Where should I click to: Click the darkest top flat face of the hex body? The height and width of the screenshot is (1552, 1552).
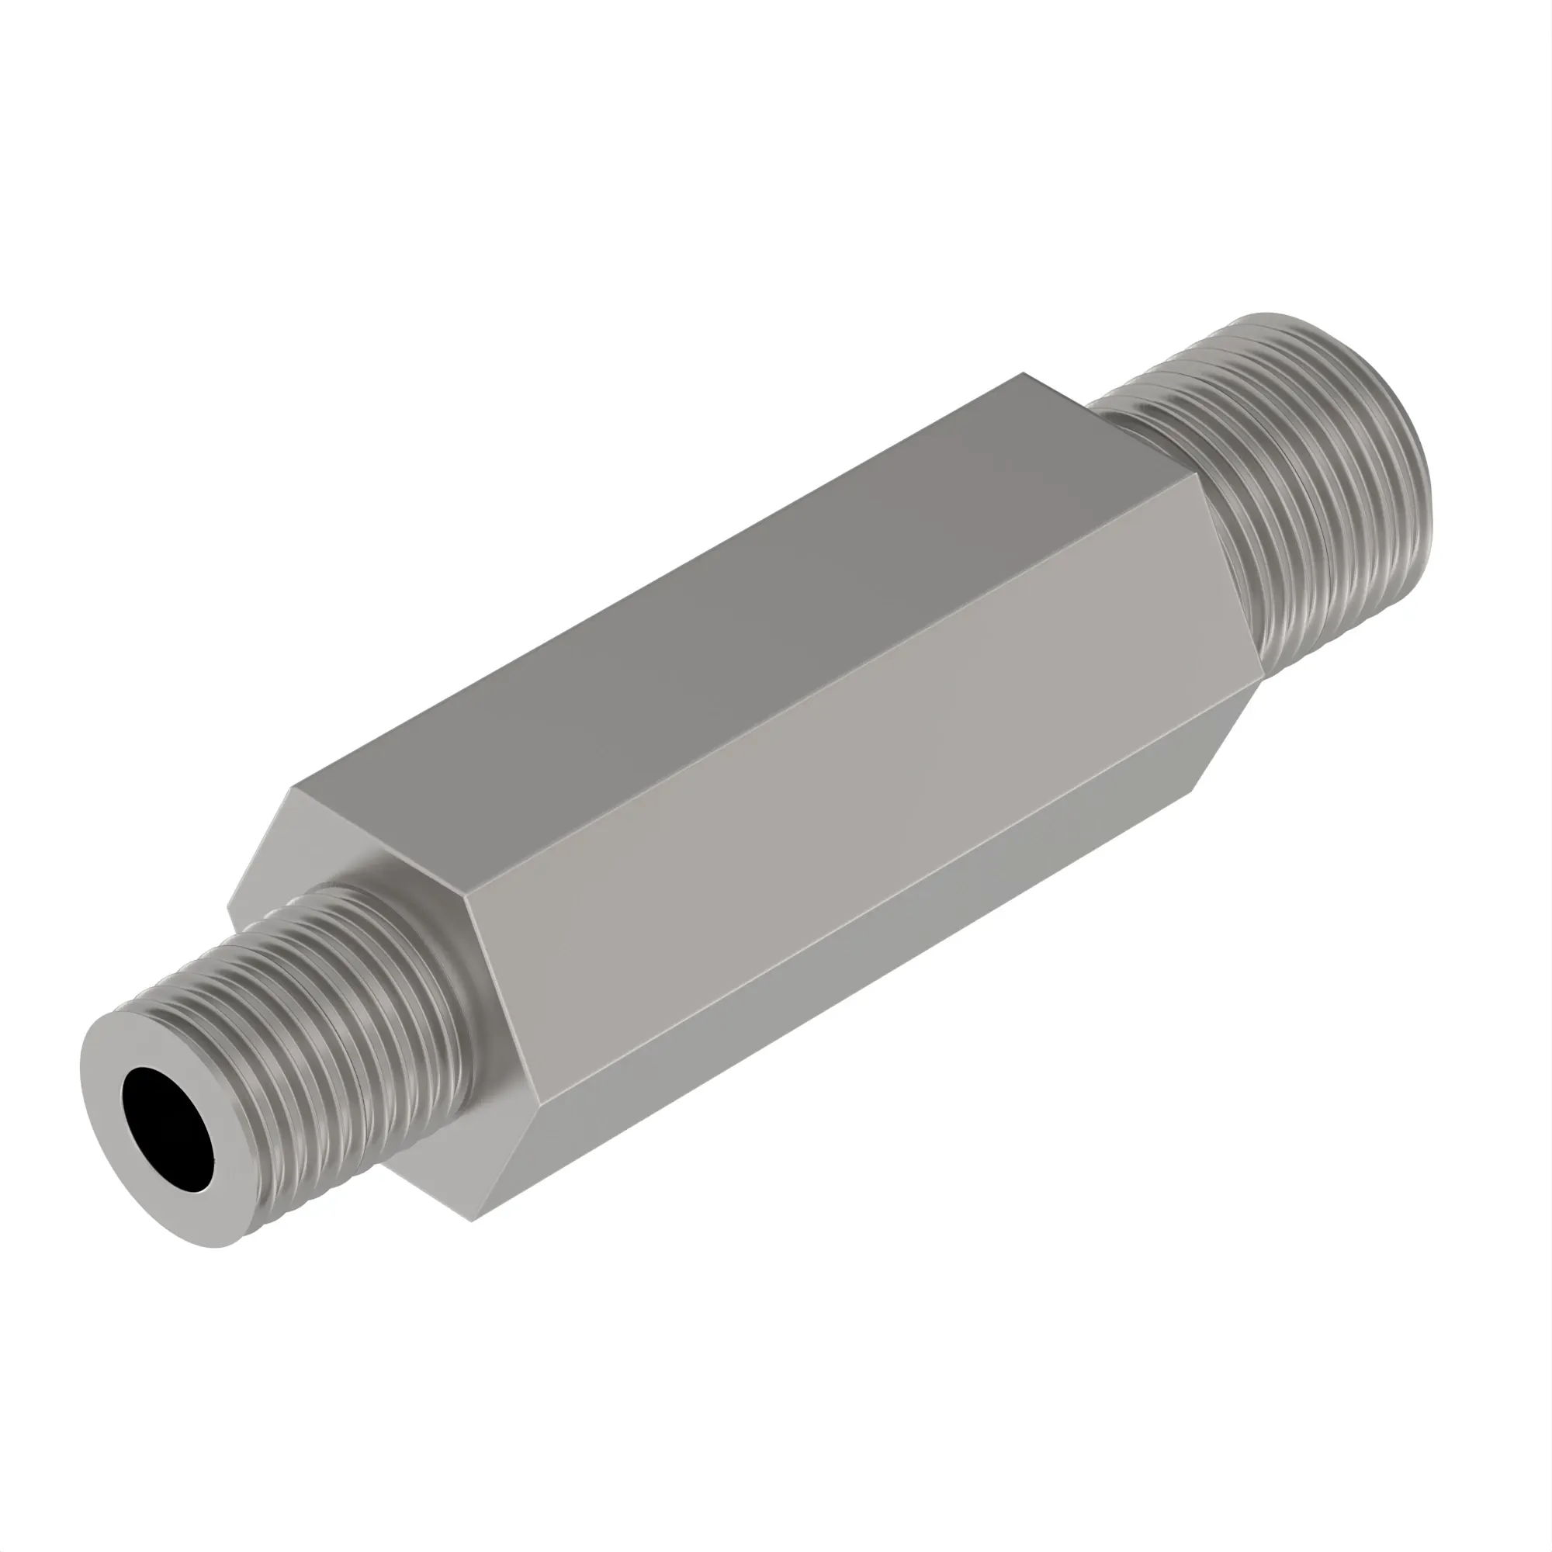coord(723,594)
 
